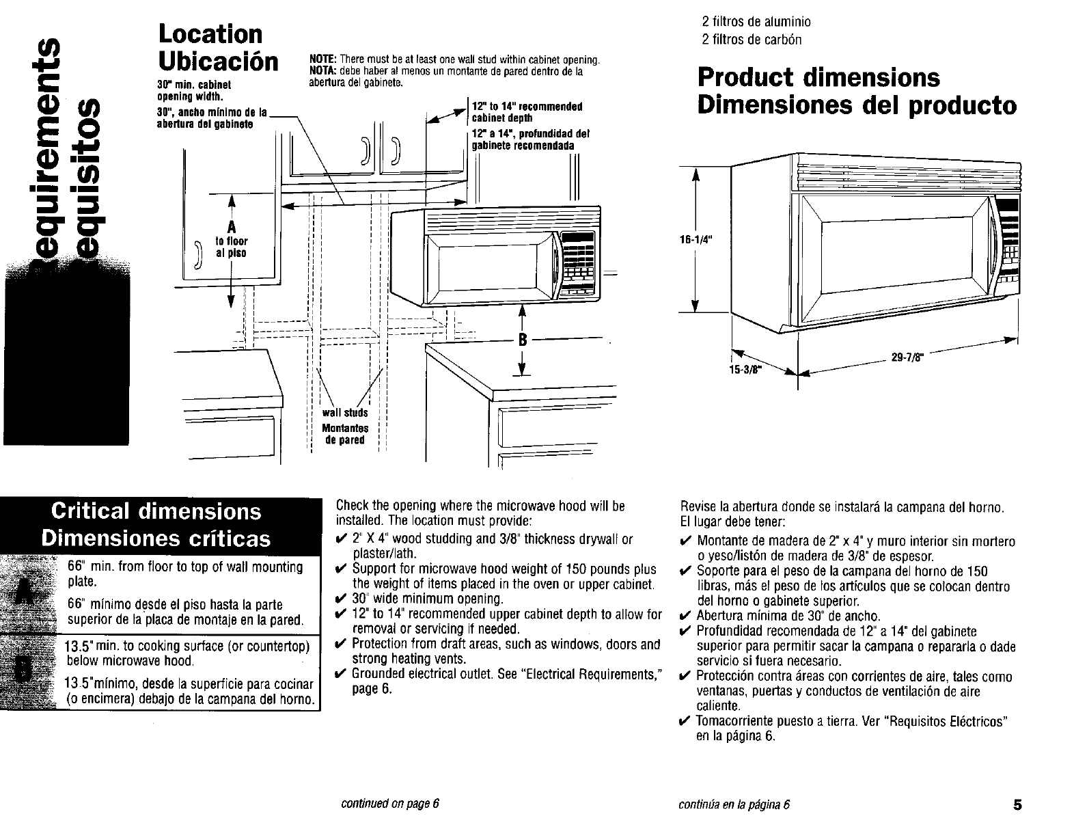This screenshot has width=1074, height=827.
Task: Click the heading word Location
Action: tap(210, 34)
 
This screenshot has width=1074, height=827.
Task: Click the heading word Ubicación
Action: tap(218, 62)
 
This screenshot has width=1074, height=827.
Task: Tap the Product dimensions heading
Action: tap(818, 77)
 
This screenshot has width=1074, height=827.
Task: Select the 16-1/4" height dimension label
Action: tap(693, 240)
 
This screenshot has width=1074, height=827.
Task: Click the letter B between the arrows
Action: tap(523, 340)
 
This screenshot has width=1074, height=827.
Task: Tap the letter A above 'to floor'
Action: tap(231, 228)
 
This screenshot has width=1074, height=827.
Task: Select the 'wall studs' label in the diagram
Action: tap(345, 413)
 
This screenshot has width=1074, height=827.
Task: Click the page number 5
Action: tap(1018, 804)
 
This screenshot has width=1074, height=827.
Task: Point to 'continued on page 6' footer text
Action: tap(389, 804)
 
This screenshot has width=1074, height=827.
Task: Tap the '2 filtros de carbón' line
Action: tap(752, 39)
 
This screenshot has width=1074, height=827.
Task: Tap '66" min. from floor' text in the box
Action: tap(184, 567)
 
